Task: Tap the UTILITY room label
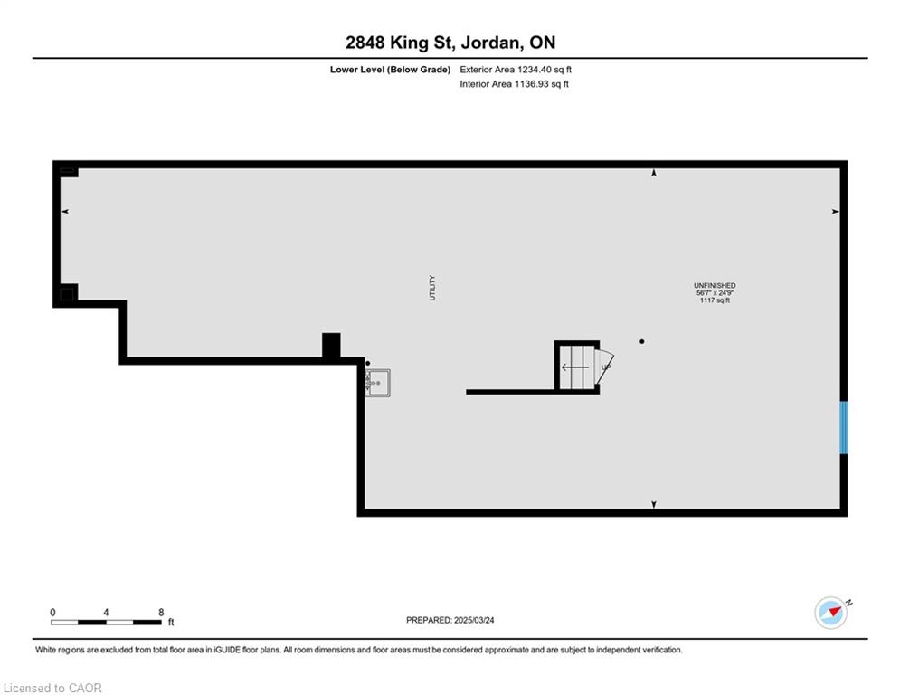pos(432,288)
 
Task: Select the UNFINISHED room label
pos(715,285)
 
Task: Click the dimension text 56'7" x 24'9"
pos(715,293)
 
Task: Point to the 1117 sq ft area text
pos(715,300)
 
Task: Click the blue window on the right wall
pos(844,427)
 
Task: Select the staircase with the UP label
pos(581,367)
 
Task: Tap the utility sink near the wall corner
pos(378,383)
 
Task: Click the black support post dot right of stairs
pos(641,342)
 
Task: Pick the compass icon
pos(831,613)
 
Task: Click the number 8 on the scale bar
pos(161,613)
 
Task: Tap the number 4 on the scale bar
pos(106,613)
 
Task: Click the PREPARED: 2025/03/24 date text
pos(450,620)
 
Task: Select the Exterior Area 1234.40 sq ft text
pos(516,70)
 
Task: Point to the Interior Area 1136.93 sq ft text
pos(515,84)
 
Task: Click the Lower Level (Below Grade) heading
pos(391,70)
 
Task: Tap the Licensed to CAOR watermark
pos(52,688)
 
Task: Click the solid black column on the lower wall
pos(331,347)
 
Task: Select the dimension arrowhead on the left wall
pos(65,212)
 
